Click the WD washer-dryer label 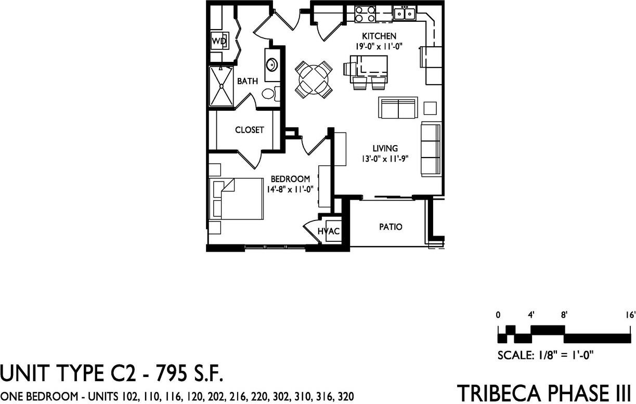click(x=218, y=41)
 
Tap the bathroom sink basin click(x=271, y=66)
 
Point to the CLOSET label click(x=249, y=130)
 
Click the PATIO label click(x=390, y=227)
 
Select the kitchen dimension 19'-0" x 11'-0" click(x=380, y=46)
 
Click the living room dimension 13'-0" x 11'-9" click(x=384, y=159)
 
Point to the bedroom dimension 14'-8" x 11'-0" click(x=290, y=190)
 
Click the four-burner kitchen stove click(x=366, y=14)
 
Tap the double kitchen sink click(x=404, y=13)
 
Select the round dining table click(x=314, y=80)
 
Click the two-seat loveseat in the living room click(x=398, y=108)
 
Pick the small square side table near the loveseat click(x=431, y=108)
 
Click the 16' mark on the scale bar click(x=630, y=315)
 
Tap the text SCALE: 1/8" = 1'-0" click(x=546, y=356)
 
